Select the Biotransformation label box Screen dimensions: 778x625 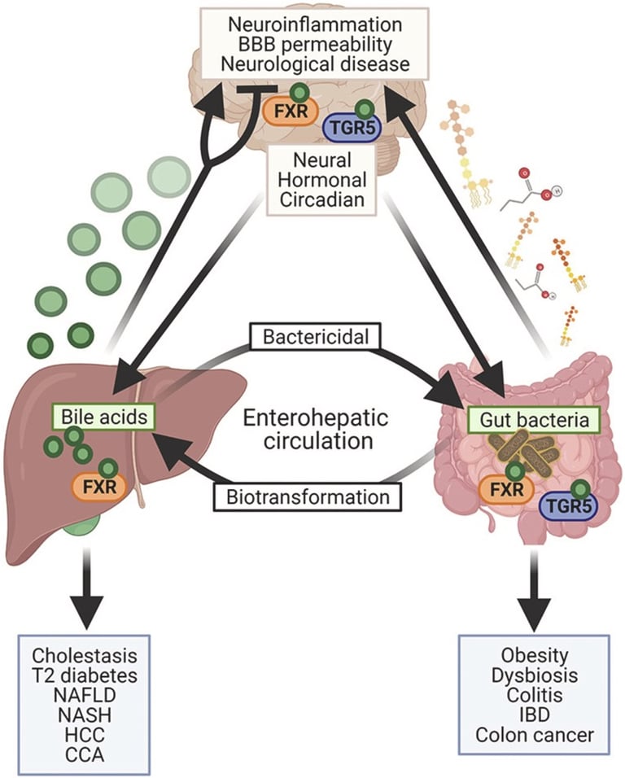click(308, 494)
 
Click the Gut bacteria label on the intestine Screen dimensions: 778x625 click(535, 420)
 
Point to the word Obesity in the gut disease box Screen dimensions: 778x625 click(535, 656)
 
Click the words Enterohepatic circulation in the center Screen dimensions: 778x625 click(311, 431)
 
